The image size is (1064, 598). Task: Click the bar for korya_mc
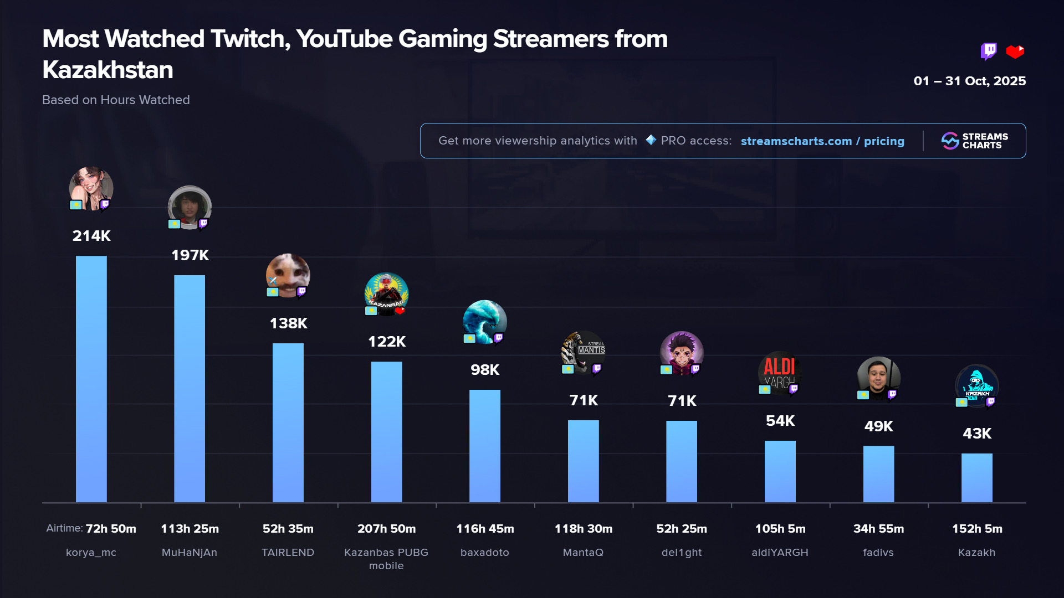tap(91, 379)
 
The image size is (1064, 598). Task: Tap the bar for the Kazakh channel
tap(976, 478)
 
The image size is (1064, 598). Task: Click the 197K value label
tap(190, 255)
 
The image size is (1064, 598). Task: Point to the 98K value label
tap(485, 370)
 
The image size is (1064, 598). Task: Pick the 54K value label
tap(780, 421)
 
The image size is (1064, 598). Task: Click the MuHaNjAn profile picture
tap(190, 207)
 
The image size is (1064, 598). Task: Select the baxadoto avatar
tap(485, 322)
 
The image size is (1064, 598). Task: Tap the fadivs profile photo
tap(878, 378)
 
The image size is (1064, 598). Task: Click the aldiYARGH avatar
tap(780, 373)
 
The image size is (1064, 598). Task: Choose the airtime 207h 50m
tap(386, 529)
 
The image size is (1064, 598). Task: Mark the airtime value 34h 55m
tap(878, 529)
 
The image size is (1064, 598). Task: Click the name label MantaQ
tap(583, 553)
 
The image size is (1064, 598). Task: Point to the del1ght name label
tap(682, 553)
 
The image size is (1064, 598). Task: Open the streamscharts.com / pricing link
tap(822, 141)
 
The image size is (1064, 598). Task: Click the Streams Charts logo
tap(975, 141)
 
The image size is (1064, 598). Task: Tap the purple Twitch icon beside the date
tap(988, 51)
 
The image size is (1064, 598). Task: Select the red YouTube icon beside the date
tap(1015, 51)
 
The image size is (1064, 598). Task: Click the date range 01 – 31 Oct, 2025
tap(970, 81)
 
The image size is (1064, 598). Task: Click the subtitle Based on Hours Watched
tap(116, 100)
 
